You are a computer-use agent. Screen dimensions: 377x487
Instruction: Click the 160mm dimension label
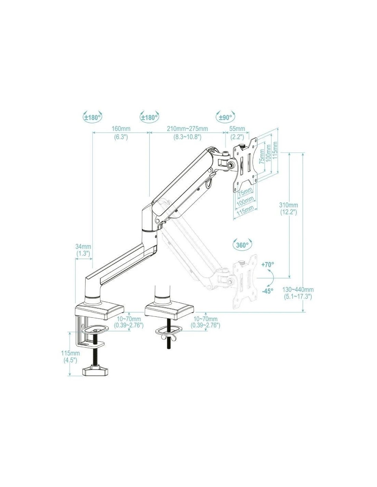click(121, 129)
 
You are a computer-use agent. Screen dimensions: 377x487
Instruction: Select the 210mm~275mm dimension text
click(187, 129)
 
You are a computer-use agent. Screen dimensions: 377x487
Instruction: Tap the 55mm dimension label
click(237, 129)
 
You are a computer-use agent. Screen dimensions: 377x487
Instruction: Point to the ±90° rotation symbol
click(226, 117)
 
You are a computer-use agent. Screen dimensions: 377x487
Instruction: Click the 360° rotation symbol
click(242, 245)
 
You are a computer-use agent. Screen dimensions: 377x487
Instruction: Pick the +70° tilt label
click(268, 265)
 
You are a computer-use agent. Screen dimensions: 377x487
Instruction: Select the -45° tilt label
click(268, 291)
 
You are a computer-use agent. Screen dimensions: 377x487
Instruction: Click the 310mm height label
click(289, 205)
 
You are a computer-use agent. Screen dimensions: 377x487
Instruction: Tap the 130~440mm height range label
click(298, 289)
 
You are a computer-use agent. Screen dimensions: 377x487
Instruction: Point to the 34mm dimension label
click(83, 247)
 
